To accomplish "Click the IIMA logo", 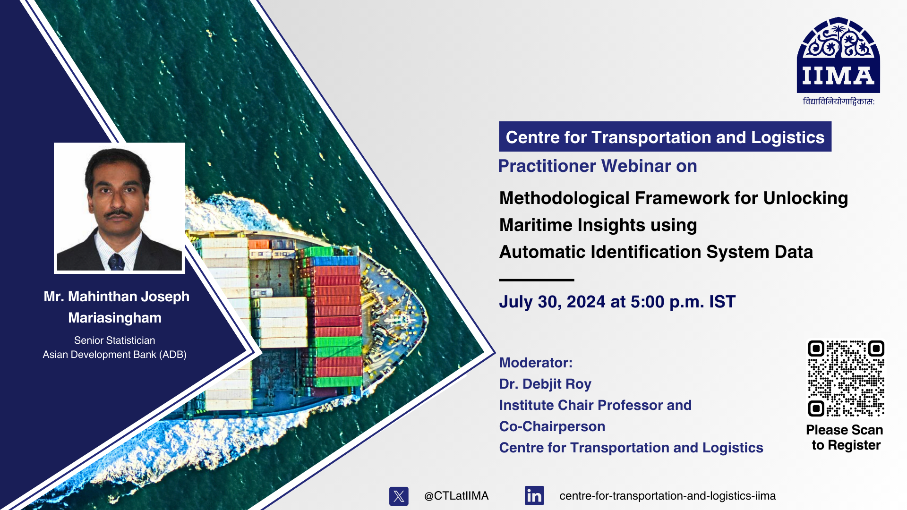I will pos(838,56).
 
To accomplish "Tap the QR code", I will pos(846,378).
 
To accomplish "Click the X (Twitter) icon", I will pos(399,496).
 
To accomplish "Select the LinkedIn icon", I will pos(534,496).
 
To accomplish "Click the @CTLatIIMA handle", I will pos(456,496).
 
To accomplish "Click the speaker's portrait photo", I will pos(119,208).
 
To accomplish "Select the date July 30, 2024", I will pos(552,302).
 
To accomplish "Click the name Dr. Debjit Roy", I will pos(545,384).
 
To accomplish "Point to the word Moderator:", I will pos(536,363).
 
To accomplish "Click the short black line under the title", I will pos(537,280).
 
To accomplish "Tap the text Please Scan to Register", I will pos(845,437).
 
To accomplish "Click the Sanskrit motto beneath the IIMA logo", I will pos(839,102).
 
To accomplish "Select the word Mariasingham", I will pos(115,318).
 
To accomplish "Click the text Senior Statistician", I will pos(114,340).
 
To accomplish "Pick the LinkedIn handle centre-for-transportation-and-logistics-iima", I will pos(667,496).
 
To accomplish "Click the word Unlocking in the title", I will pos(805,198).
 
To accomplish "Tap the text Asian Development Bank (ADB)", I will pos(115,355).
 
